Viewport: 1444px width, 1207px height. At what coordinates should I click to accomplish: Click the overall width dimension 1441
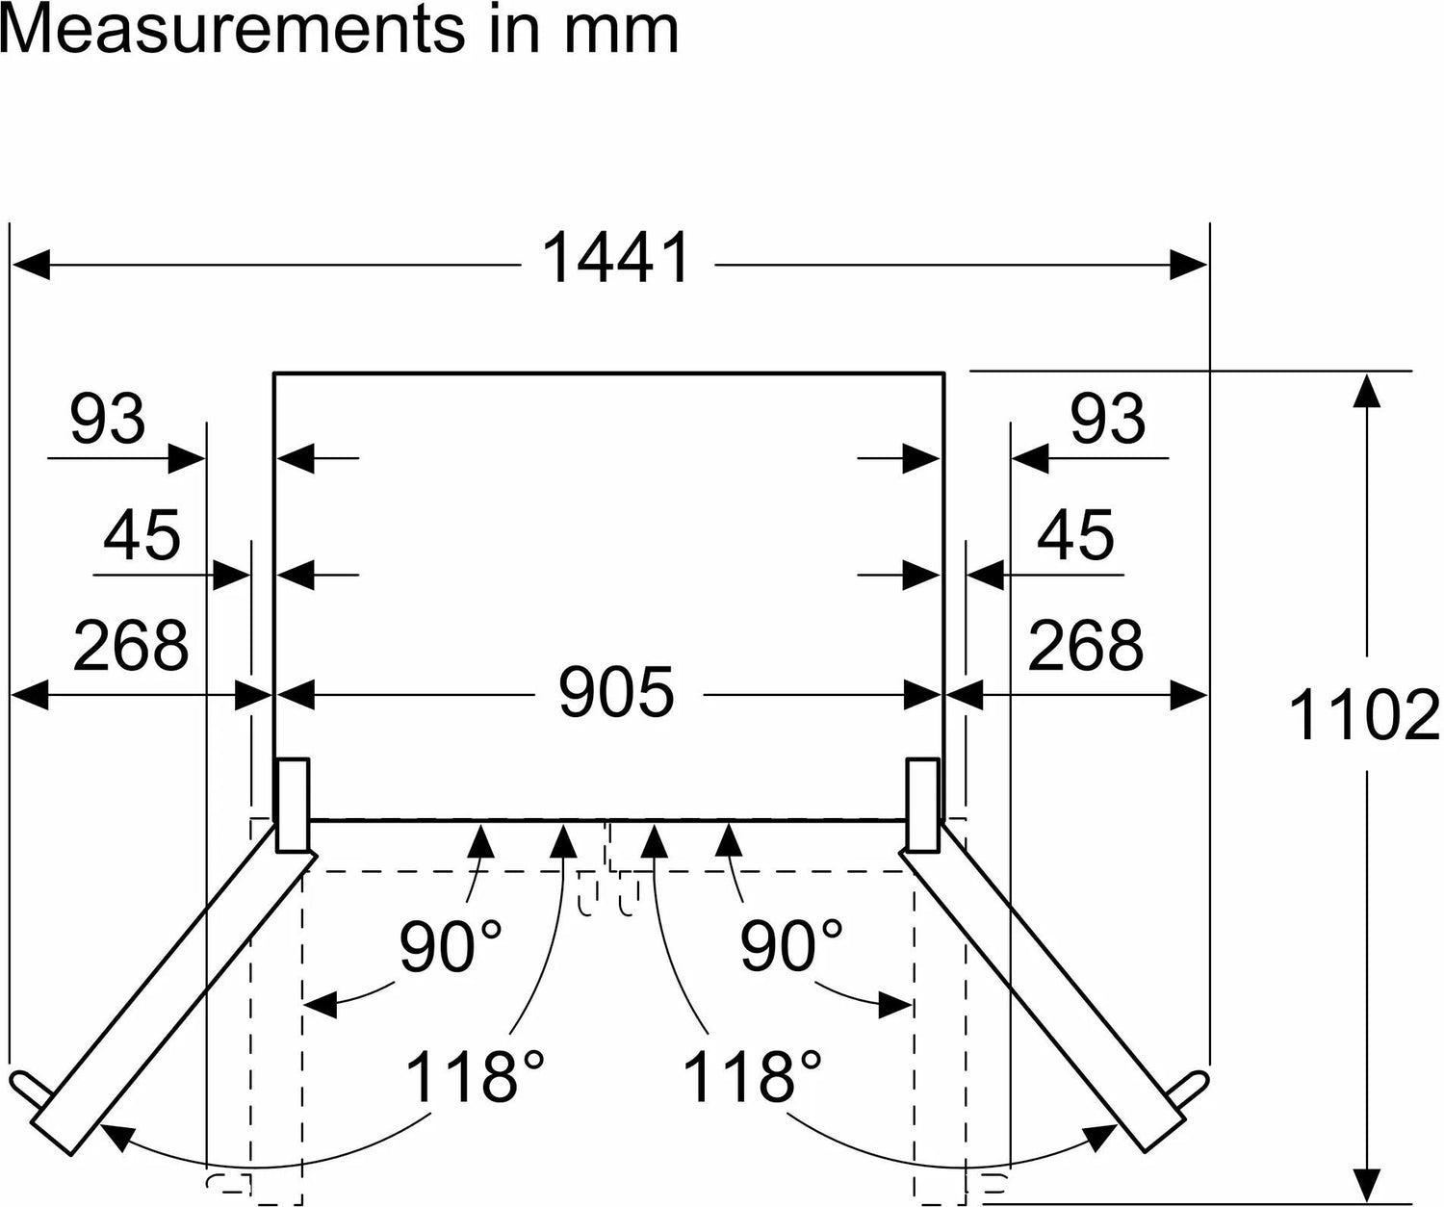coord(615,259)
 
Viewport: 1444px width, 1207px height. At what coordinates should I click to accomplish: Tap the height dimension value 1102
coord(1364,715)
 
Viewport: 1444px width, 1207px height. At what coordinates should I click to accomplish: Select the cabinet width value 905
coord(616,692)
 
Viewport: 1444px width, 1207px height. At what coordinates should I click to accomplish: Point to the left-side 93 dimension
coord(108,419)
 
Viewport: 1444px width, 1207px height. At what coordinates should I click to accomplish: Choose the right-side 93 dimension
coord(1108,419)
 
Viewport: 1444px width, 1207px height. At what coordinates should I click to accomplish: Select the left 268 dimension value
coord(131,645)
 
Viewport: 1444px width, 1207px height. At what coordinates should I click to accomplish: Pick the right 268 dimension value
coord(1086,645)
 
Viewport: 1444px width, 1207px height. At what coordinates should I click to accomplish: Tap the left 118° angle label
coord(476,1076)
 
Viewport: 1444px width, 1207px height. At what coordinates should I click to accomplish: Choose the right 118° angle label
coord(753,1076)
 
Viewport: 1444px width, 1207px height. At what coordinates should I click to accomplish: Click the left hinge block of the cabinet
coord(293,805)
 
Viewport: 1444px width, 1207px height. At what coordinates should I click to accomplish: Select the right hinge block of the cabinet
coord(923,805)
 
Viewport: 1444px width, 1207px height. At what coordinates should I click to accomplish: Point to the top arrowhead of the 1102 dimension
coord(1366,391)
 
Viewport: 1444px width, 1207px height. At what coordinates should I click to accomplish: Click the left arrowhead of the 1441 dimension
coord(31,265)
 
